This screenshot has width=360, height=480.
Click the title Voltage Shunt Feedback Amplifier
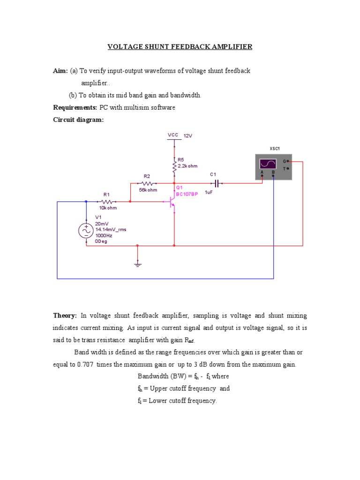coord(180,47)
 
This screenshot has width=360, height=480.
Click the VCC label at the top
coord(173,135)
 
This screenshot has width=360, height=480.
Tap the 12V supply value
coord(188,135)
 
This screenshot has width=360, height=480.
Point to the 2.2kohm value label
coord(187,166)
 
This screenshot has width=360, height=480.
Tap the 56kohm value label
coord(148,190)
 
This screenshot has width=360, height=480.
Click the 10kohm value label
coord(107,208)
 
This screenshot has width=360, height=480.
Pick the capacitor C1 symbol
coord(216,183)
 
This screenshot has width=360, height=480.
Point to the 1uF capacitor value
coord(209,192)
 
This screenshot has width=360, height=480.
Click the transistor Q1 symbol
coord(172,202)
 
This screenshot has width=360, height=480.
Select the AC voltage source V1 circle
coord(86,231)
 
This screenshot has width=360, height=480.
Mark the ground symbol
coord(137,264)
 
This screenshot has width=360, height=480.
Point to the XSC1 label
coord(274,149)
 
